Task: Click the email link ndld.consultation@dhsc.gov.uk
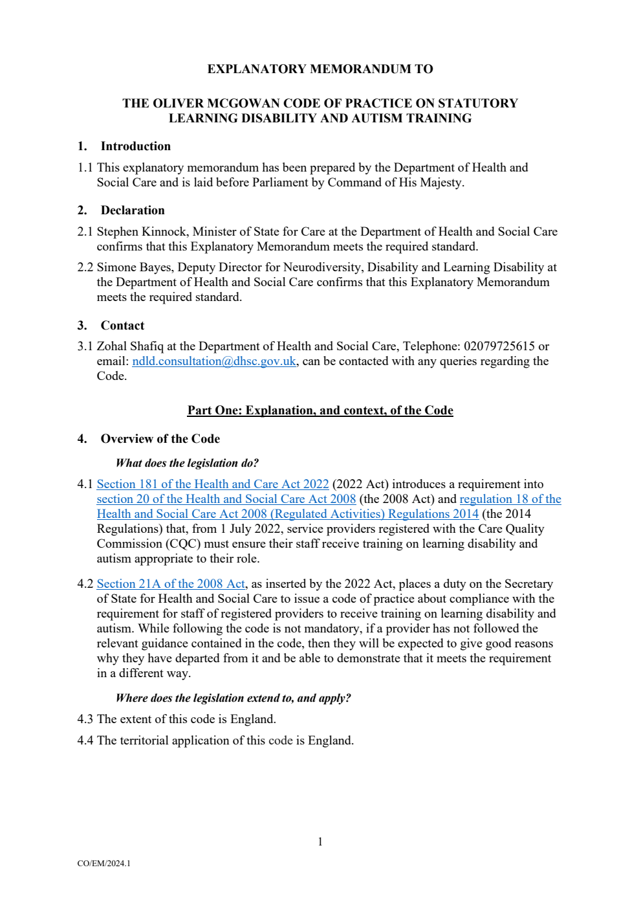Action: pyautogui.click(x=214, y=361)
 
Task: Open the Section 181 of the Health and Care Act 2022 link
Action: pyautogui.click(x=213, y=484)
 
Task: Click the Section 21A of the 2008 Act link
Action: pyautogui.click(x=171, y=584)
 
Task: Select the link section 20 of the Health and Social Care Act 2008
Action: pyautogui.click(x=226, y=499)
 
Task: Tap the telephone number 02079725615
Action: pyautogui.click(x=499, y=346)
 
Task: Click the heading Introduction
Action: pyautogui.click(x=135, y=146)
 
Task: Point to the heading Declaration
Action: pyautogui.click(x=133, y=210)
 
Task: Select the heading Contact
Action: pyautogui.click(x=122, y=326)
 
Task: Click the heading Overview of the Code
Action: pyautogui.click(x=160, y=439)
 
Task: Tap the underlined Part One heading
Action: pyautogui.click(x=320, y=410)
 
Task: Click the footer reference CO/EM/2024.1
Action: pyautogui.click(x=103, y=864)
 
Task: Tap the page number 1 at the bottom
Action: pyautogui.click(x=320, y=842)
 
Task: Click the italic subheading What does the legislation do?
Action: pyautogui.click(x=187, y=463)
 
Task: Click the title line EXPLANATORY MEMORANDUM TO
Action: pyautogui.click(x=320, y=69)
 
